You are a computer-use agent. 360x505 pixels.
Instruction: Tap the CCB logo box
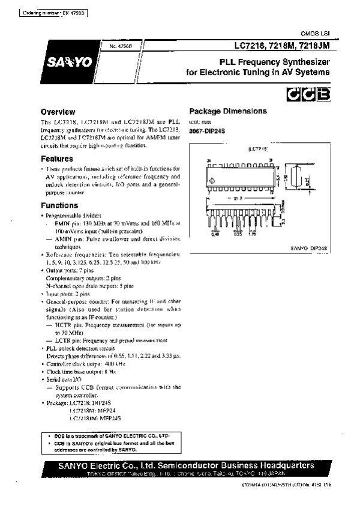(x=307, y=94)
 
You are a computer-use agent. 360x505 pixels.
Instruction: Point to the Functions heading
(x=59, y=205)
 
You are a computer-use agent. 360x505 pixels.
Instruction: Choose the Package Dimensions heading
(x=228, y=111)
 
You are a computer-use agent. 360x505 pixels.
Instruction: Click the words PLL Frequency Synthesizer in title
(x=274, y=62)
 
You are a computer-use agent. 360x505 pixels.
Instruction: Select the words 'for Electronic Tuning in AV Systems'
(x=258, y=73)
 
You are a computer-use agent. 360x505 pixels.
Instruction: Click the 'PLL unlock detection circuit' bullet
(x=80, y=348)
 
